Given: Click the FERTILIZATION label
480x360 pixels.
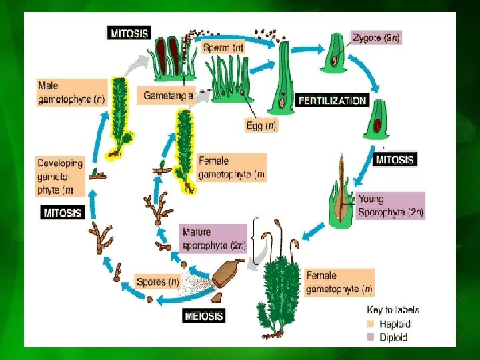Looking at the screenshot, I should click(x=332, y=101).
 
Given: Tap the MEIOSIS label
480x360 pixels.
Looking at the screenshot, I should click(x=203, y=314).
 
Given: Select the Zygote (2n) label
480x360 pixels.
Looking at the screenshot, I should click(x=377, y=38).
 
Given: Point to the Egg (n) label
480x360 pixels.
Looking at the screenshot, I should click(x=261, y=125).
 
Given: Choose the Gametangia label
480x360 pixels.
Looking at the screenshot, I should click(x=168, y=96).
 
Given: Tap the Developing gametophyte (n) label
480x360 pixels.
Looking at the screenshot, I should click(x=61, y=177).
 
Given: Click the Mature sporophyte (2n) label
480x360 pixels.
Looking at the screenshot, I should click(x=214, y=239).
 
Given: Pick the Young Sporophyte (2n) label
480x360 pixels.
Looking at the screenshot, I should click(x=390, y=205).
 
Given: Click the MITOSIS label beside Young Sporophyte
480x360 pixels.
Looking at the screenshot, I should click(x=395, y=160).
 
